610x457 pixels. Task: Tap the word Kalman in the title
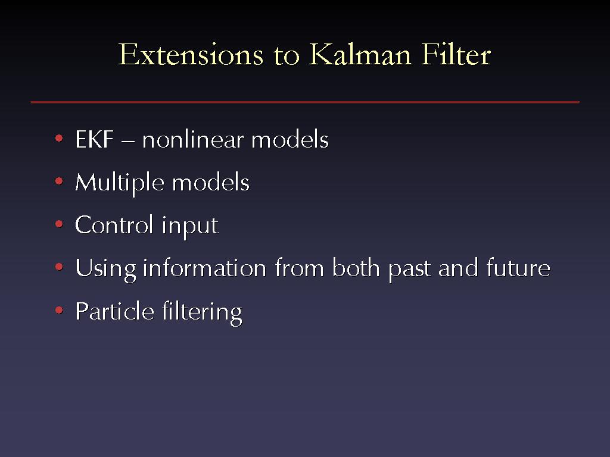[x=360, y=54]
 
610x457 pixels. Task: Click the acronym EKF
[x=95, y=139]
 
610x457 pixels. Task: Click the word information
[x=205, y=268]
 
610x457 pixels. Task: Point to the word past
[x=410, y=270]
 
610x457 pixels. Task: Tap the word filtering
[x=202, y=313]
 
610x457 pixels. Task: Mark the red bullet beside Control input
[x=59, y=224]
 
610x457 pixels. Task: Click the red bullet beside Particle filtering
[x=59, y=309]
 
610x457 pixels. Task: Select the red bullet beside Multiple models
[x=59, y=181]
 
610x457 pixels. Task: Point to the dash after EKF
[x=128, y=142]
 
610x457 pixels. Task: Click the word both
[x=356, y=268]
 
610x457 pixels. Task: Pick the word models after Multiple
[x=210, y=182]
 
